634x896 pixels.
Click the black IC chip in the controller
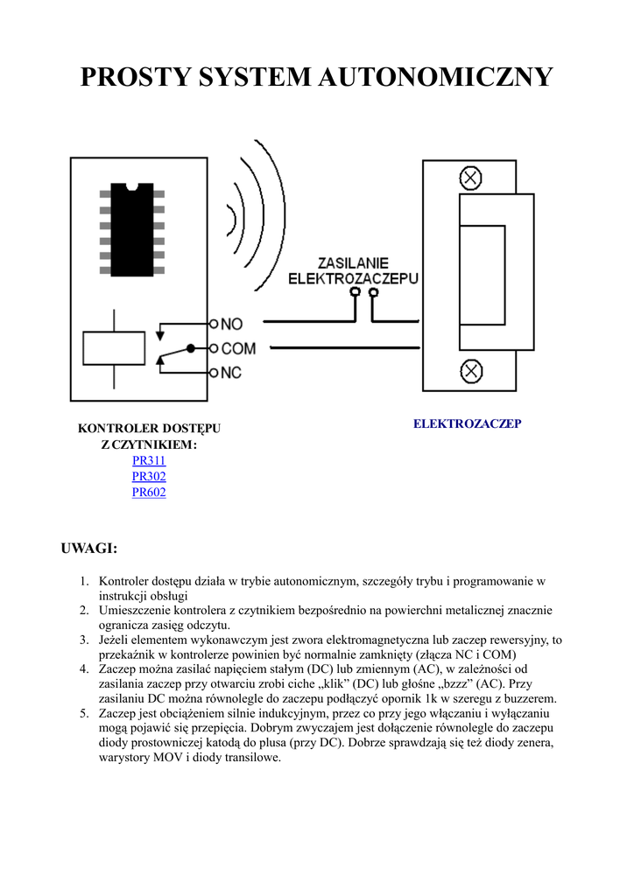(x=132, y=229)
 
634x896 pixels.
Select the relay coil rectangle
(x=114, y=348)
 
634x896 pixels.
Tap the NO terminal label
(x=231, y=325)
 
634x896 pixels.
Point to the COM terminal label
(x=238, y=348)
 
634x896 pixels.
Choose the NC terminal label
(x=231, y=373)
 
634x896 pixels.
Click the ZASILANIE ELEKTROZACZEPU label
(x=354, y=270)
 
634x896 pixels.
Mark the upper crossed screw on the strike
(x=471, y=178)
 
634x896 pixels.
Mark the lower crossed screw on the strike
(x=471, y=371)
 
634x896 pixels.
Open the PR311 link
(x=149, y=461)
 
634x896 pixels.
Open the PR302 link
(x=149, y=477)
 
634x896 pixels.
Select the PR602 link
(x=149, y=493)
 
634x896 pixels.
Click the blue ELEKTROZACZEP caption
(x=467, y=423)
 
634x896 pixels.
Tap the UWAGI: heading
(x=88, y=549)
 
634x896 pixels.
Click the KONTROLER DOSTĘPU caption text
(x=149, y=429)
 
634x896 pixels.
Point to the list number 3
(x=84, y=640)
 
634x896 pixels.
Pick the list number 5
(x=84, y=714)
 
